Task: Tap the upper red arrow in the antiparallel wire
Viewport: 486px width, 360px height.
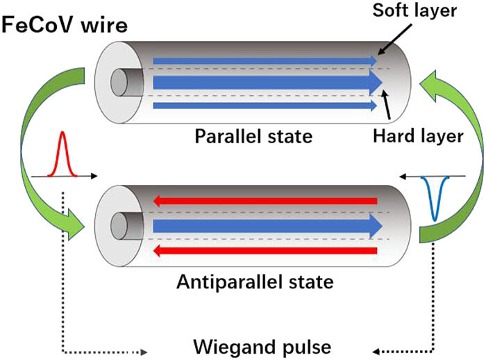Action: tap(264, 202)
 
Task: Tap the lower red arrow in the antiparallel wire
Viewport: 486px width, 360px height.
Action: tap(264, 249)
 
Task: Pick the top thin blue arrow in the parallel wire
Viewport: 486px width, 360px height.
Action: tap(264, 61)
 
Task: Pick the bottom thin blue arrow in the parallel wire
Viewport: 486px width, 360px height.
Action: tap(264, 105)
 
